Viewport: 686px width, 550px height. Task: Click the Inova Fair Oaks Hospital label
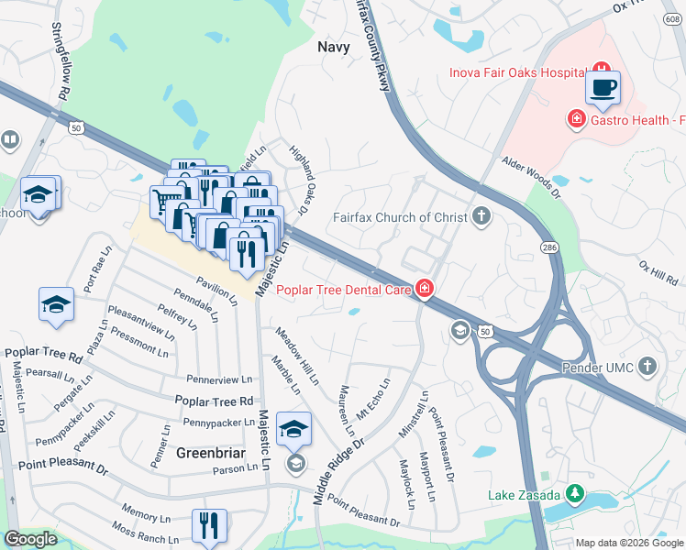pos(517,72)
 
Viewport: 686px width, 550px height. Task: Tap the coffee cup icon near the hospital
pos(603,89)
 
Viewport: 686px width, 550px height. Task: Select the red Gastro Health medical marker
pos(577,118)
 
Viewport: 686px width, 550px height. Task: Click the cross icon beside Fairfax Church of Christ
pos(481,217)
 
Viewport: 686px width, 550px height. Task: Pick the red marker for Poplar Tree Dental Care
pos(424,290)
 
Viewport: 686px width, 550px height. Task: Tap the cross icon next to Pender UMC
pos(647,367)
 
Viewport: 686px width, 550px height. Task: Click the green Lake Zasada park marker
pos(575,494)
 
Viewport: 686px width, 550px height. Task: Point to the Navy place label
pos(333,47)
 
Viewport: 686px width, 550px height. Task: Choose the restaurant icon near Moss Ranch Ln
pos(209,526)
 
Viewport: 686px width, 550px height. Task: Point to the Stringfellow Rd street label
pos(61,61)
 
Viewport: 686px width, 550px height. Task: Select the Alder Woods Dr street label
pos(530,177)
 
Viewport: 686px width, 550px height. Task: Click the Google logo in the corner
pos(30,539)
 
